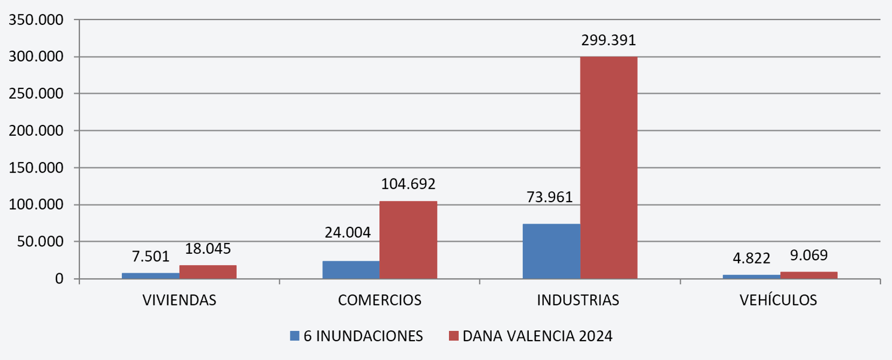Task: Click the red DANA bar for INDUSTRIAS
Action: click(609, 167)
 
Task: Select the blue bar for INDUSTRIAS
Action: click(551, 251)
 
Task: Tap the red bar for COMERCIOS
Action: click(408, 240)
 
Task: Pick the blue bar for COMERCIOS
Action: click(351, 269)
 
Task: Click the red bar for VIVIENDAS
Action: click(208, 272)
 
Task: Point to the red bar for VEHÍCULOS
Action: click(808, 275)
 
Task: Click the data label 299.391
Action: click(609, 40)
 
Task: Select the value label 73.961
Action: click(549, 197)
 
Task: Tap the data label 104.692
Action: click(408, 184)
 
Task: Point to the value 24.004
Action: click(348, 232)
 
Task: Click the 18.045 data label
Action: click(208, 248)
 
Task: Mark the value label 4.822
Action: click(751, 258)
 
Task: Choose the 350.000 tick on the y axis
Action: click(36, 20)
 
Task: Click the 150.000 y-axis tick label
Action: click(36, 168)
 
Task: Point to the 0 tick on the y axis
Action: click(59, 279)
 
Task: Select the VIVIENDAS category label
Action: click(179, 300)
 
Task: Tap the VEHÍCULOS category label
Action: click(778, 300)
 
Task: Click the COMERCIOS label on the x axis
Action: click(379, 300)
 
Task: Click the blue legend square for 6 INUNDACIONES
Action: click(294, 336)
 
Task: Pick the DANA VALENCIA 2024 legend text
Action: click(537, 336)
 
